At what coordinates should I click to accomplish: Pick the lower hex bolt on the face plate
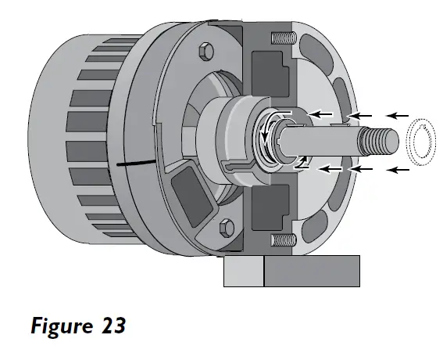228,227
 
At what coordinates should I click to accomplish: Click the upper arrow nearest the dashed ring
398,116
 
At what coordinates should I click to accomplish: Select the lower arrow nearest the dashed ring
398,169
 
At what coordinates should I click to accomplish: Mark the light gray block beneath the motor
243,272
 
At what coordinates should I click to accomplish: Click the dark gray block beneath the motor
312,272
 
